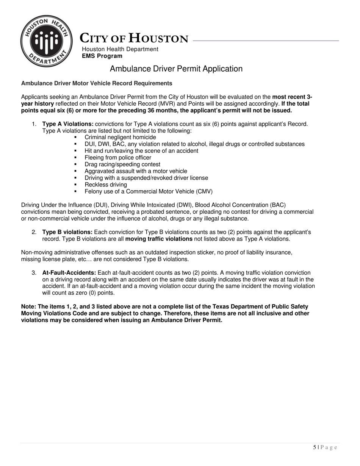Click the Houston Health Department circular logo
[46, 41]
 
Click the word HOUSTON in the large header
[158, 39]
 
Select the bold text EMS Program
[102, 56]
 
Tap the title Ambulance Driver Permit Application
[176, 69]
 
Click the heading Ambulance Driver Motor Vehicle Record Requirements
[97, 83]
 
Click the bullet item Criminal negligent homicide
[120, 137]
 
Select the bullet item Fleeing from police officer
[118, 158]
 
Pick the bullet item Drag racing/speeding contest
[122, 164]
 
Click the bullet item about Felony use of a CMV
[149, 192]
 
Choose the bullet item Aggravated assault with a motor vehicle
[136, 171]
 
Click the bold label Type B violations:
[67, 232]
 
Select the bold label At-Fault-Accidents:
[69, 273]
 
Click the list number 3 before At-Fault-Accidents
[34, 273]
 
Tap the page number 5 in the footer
[315, 447]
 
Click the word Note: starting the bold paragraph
[29, 306]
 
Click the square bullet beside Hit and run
[76, 151]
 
